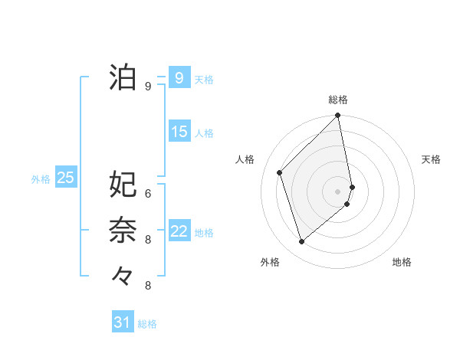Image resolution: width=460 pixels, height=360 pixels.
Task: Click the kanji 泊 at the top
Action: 123,77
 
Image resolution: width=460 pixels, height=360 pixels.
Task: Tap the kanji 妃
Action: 123,184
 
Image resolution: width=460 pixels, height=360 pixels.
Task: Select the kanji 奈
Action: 123,230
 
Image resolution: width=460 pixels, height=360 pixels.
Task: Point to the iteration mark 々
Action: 123,275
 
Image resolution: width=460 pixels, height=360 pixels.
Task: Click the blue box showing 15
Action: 179,132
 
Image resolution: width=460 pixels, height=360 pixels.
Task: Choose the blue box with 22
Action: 179,231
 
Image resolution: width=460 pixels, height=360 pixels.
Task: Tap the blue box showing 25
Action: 66,178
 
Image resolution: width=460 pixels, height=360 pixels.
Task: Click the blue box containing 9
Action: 179,78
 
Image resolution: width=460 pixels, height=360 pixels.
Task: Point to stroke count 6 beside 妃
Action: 148,193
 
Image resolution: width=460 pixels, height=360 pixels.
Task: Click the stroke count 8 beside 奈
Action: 148,240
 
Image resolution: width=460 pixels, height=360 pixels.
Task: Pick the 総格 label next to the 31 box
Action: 147,324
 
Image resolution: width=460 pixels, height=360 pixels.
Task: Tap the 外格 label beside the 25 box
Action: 41,179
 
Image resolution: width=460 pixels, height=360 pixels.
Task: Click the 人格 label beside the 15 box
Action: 204,133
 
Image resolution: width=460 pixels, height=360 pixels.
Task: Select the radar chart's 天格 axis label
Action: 431,159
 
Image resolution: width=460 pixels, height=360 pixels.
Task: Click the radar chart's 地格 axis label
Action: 402,262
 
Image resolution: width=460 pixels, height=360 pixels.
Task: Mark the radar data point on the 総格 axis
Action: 338,116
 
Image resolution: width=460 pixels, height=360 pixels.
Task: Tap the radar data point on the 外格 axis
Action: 302,241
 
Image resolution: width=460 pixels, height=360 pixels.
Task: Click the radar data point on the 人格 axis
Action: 280,172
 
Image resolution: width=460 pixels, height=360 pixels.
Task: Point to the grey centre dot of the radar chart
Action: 338,191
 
